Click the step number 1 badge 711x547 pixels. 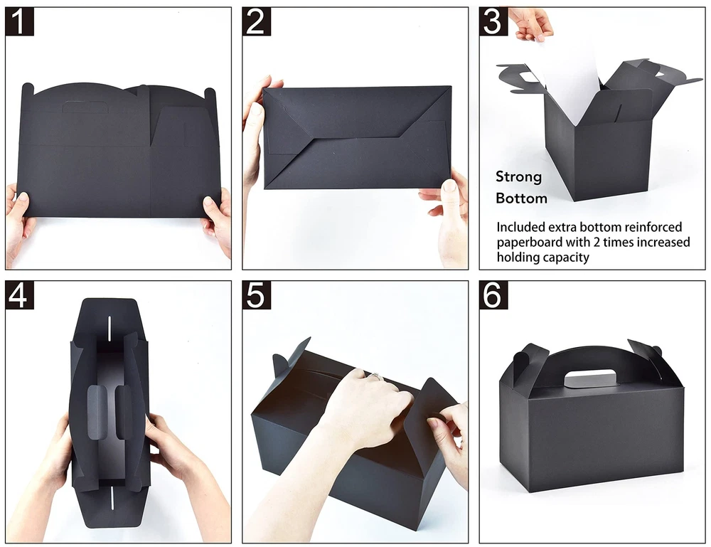pos(19,21)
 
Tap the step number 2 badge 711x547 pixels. pos(256,21)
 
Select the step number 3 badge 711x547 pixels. pos(493,21)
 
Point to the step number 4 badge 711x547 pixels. pos(19,294)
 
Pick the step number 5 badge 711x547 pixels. pos(256,294)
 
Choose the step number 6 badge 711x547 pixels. pos(493,294)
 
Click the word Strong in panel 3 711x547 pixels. pos(519,177)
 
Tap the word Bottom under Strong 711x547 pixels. pos(521,198)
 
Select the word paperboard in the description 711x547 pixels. pos(530,243)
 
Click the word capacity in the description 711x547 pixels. pos(567,257)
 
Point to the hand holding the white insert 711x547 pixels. pos(530,23)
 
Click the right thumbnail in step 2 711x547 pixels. pos(449,186)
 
